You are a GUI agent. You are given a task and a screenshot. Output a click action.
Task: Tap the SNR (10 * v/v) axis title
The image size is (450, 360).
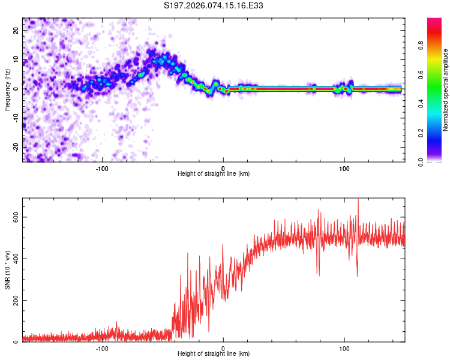(x=7, y=270)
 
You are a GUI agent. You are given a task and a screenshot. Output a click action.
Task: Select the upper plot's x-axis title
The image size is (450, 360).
(x=214, y=174)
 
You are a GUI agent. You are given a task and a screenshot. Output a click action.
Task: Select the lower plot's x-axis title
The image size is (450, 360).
(x=214, y=354)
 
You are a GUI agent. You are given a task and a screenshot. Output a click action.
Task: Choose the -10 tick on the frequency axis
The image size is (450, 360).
(x=16, y=118)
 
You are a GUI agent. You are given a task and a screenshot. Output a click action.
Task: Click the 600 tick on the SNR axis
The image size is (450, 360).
(x=16, y=217)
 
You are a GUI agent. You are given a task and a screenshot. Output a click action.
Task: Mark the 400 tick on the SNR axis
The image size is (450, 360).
(x=16, y=259)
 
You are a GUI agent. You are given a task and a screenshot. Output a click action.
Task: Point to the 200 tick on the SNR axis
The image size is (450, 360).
(x=16, y=300)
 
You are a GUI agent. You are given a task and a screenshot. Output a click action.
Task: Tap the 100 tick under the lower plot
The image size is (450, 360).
(x=344, y=348)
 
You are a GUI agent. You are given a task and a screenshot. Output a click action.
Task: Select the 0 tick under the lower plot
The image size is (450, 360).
(x=223, y=348)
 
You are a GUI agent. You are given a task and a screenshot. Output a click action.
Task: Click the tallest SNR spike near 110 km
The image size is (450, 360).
(x=358, y=200)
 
